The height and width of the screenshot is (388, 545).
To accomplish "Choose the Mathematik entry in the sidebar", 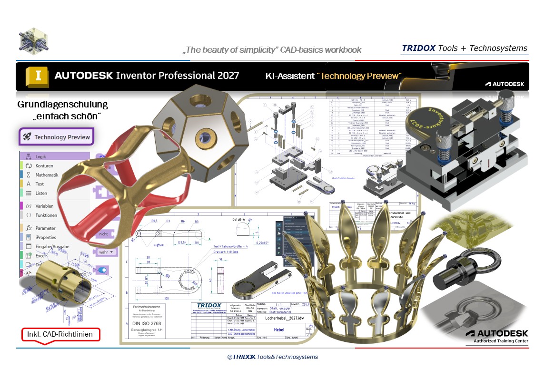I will pyautogui.click(x=47, y=175).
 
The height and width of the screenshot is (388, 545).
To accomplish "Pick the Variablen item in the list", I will pyautogui.click(x=44, y=206).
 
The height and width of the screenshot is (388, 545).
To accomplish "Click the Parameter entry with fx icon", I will pyautogui.click(x=45, y=228).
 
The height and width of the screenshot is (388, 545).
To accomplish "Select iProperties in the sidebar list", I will pyautogui.click(x=46, y=237).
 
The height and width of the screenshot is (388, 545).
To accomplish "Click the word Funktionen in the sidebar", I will pyautogui.click(x=46, y=215).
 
